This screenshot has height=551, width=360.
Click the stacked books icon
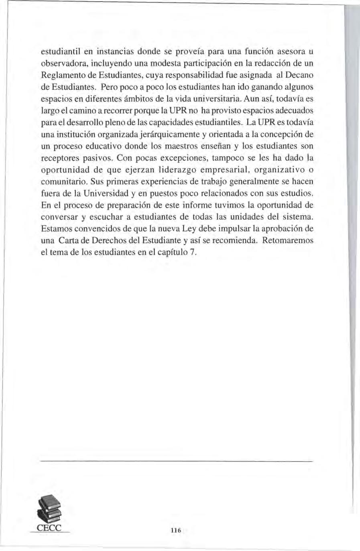(49, 510)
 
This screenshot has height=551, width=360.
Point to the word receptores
(59, 158)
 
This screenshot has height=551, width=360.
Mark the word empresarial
(228, 170)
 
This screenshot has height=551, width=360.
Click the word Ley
(190, 229)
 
